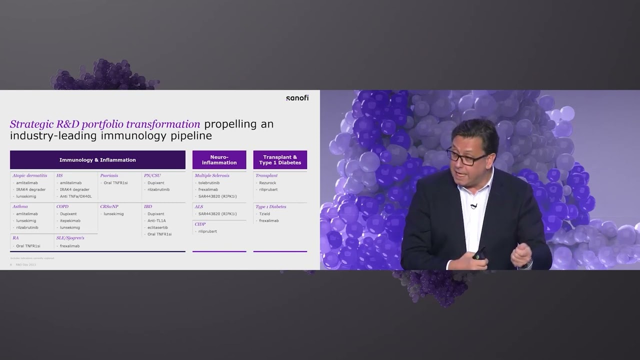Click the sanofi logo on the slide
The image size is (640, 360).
click(297, 98)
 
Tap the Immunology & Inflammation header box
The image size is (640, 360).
click(97, 160)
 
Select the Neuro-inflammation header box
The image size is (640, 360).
click(219, 160)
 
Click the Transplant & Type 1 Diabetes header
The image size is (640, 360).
click(280, 160)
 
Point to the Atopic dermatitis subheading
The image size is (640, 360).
click(30, 175)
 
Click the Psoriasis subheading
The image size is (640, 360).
click(109, 175)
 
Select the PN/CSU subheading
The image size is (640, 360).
click(152, 175)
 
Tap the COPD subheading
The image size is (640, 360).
click(62, 206)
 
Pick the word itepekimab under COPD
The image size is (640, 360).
click(70, 220)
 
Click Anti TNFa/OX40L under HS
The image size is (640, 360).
click(75, 196)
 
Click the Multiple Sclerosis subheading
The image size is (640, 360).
click(212, 175)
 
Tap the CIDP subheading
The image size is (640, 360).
click(200, 224)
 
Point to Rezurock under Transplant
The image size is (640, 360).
click(267, 183)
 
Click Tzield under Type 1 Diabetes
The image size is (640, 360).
click(264, 214)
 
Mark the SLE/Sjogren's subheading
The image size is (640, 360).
click(70, 238)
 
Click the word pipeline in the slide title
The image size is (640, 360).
click(191, 135)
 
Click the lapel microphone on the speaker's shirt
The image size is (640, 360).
click(473, 206)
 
